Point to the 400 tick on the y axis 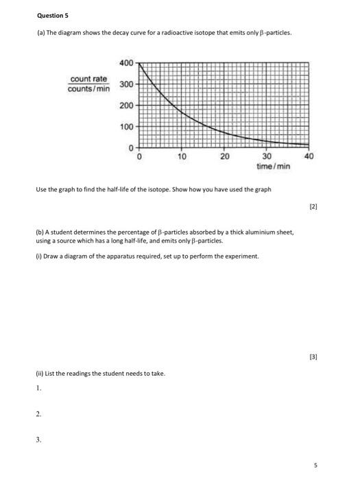coord(127,63)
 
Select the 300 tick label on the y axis coord(127,84)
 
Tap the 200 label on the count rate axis coord(127,106)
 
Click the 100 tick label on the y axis coord(127,128)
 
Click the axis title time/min coord(273,167)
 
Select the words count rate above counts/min coord(89,80)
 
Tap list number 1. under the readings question coord(40,388)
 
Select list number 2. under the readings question coord(40,414)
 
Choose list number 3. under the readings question coord(40,440)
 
